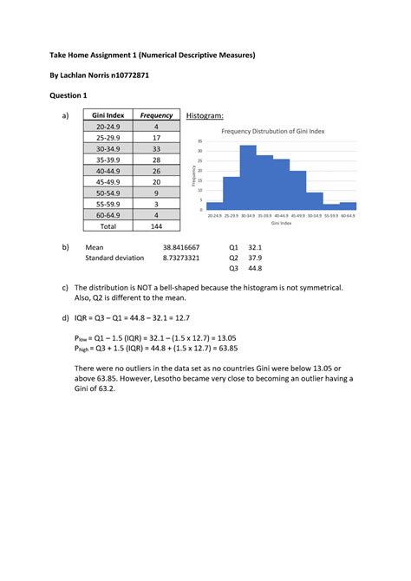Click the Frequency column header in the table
[157, 115]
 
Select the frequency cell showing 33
[156, 148]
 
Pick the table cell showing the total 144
[156, 226]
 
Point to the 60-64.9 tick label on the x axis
[349, 215]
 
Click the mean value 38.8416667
[181, 247]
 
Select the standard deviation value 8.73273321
[181, 258]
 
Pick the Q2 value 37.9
[254, 258]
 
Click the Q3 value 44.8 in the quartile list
[254, 268]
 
